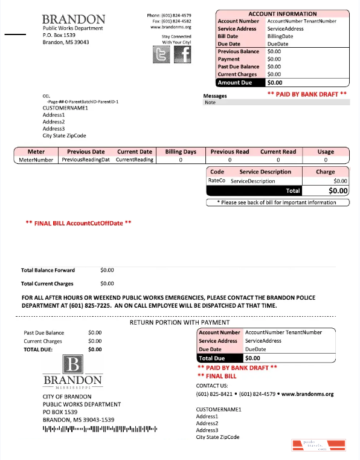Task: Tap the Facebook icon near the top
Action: coord(182,55)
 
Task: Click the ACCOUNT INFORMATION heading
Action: coord(282,14)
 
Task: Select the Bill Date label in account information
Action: coord(228,36)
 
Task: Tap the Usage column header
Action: coord(326,152)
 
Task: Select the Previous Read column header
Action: coord(230,152)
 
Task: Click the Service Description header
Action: coord(265,172)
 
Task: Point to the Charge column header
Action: coord(325,172)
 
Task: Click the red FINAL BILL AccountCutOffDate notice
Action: coord(79,223)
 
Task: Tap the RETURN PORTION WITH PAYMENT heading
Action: coord(179,322)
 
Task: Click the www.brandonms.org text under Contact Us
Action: coord(307,394)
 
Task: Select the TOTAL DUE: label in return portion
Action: coord(38,349)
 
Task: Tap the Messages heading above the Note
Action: coord(215,96)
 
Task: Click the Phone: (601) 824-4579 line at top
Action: coord(169,15)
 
